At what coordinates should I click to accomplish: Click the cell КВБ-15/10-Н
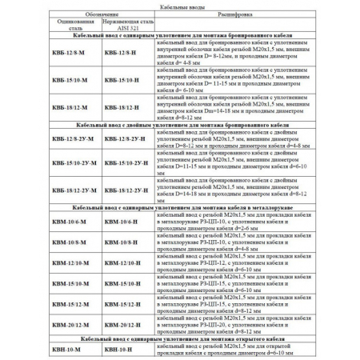click(124, 82)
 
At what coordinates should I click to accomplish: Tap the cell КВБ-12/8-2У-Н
click(129, 142)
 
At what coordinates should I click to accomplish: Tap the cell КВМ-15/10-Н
click(124, 283)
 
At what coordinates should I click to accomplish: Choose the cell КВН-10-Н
click(121, 350)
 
